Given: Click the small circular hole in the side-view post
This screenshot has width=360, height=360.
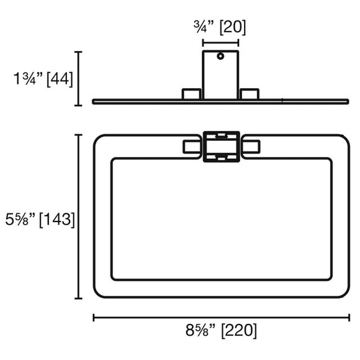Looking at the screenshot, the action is click(x=220, y=56).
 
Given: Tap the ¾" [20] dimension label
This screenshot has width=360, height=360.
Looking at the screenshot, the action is click(x=220, y=27).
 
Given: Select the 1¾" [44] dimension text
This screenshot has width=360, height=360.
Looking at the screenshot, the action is click(x=43, y=79).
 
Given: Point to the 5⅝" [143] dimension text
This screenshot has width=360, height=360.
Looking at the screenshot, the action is click(x=40, y=220).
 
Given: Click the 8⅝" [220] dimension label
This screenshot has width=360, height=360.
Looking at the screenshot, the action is click(x=221, y=331).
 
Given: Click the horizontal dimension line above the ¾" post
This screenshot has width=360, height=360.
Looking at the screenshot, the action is click(x=220, y=43).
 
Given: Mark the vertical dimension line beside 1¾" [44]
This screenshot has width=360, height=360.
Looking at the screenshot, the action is click(x=79, y=79).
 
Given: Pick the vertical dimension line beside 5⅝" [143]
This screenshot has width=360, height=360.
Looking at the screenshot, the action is click(x=79, y=217).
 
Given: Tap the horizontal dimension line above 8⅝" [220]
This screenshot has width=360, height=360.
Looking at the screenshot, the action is click(x=222, y=318).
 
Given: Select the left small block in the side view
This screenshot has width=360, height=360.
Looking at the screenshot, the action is click(x=192, y=94).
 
